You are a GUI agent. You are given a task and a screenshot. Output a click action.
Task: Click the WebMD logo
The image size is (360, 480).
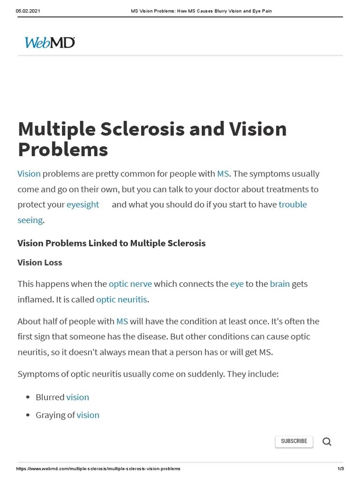pyautogui.click(x=50, y=43)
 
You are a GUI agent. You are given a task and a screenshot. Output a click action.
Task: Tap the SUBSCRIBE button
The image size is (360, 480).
pyautogui.click(x=294, y=441)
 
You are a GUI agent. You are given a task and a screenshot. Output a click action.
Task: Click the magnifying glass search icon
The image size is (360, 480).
pyautogui.click(x=327, y=442)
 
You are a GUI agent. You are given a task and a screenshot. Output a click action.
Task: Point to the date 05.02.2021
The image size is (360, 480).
pyautogui.click(x=28, y=11)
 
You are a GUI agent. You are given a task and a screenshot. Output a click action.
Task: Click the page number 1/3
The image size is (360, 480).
pyautogui.click(x=340, y=469)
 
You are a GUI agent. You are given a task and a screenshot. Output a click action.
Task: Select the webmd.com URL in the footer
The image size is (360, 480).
pyautogui.click(x=98, y=469)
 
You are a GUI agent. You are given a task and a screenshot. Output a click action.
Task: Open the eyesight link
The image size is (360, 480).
pyautogui.click(x=83, y=204)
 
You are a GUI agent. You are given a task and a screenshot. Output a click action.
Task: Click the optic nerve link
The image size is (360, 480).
pyautogui.click(x=130, y=284)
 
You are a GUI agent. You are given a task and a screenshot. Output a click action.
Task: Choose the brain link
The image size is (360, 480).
pyautogui.click(x=280, y=284)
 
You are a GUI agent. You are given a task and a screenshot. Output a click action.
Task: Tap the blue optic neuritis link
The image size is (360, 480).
pyautogui.click(x=121, y=299)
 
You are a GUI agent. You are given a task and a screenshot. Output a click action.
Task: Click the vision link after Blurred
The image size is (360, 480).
pyautogui.click(x=78, y=397)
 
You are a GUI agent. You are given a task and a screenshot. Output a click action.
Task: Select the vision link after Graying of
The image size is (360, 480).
pyautogui.click(x=88, y=415)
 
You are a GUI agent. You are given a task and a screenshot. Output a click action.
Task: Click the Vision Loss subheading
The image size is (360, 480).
pyautogui.click(x=40, y=262)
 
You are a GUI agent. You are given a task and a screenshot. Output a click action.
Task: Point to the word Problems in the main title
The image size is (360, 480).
pyautogui.click(x=63, y=150)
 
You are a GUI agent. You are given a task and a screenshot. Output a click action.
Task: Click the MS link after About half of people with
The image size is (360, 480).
pyautogui.click(x=122, y=321)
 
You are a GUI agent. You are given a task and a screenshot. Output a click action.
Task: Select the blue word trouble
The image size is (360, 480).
pyautogui.click(x=292, y=204)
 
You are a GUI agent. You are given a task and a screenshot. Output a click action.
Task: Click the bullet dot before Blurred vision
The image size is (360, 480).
pyautogui.click(x=28, y=397)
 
